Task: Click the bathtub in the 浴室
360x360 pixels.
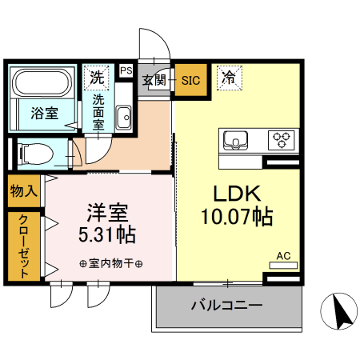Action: (44, 84)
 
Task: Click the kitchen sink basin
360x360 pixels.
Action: (236, 139)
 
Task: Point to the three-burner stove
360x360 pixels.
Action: (282, 139)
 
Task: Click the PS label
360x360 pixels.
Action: (126, 71)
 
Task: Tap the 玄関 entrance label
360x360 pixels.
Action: (154, 80)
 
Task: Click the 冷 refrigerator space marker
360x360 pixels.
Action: (229, 78)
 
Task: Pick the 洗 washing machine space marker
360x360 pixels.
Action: (96, 78)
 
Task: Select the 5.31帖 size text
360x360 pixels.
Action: (107, 235)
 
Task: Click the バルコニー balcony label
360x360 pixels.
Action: (226, 305)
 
